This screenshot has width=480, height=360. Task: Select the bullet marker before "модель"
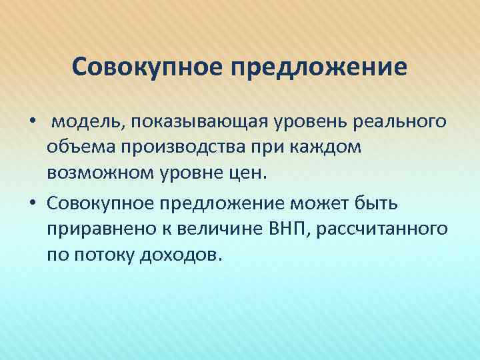31,123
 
